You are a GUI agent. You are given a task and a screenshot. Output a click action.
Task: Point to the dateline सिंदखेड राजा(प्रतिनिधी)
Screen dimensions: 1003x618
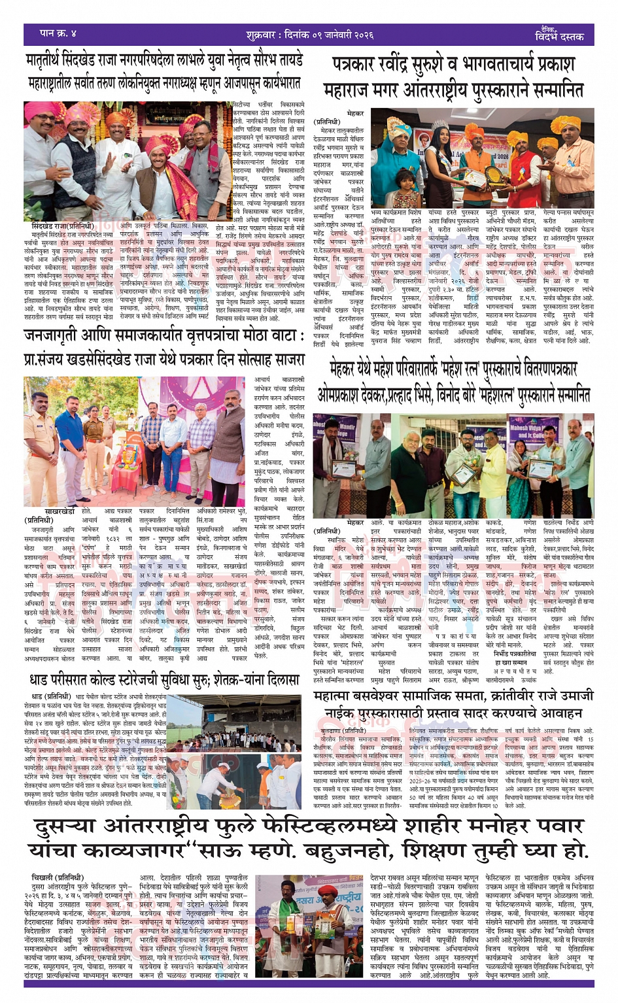click(63, 226)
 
